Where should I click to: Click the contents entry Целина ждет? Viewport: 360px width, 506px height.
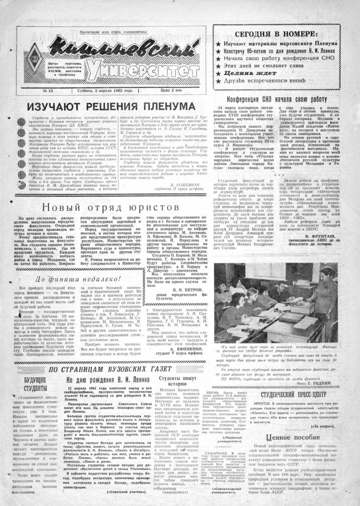(x=250, y=73)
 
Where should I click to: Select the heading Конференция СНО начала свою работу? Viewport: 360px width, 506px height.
(x=277, y=99)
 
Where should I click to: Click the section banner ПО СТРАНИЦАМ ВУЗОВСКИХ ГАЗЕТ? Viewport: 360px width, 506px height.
(x=110, y=369)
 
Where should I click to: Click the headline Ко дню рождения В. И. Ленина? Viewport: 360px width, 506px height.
(x=108, y=380)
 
